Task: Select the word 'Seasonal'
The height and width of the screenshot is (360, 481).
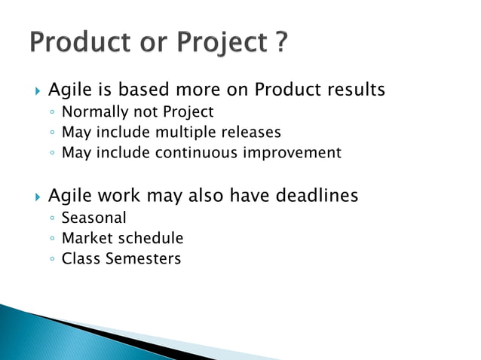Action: [x=93, y=218]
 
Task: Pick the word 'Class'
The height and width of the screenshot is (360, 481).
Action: [x=79, y=259]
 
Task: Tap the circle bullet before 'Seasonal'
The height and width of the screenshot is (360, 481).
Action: [x=51, y=219]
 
